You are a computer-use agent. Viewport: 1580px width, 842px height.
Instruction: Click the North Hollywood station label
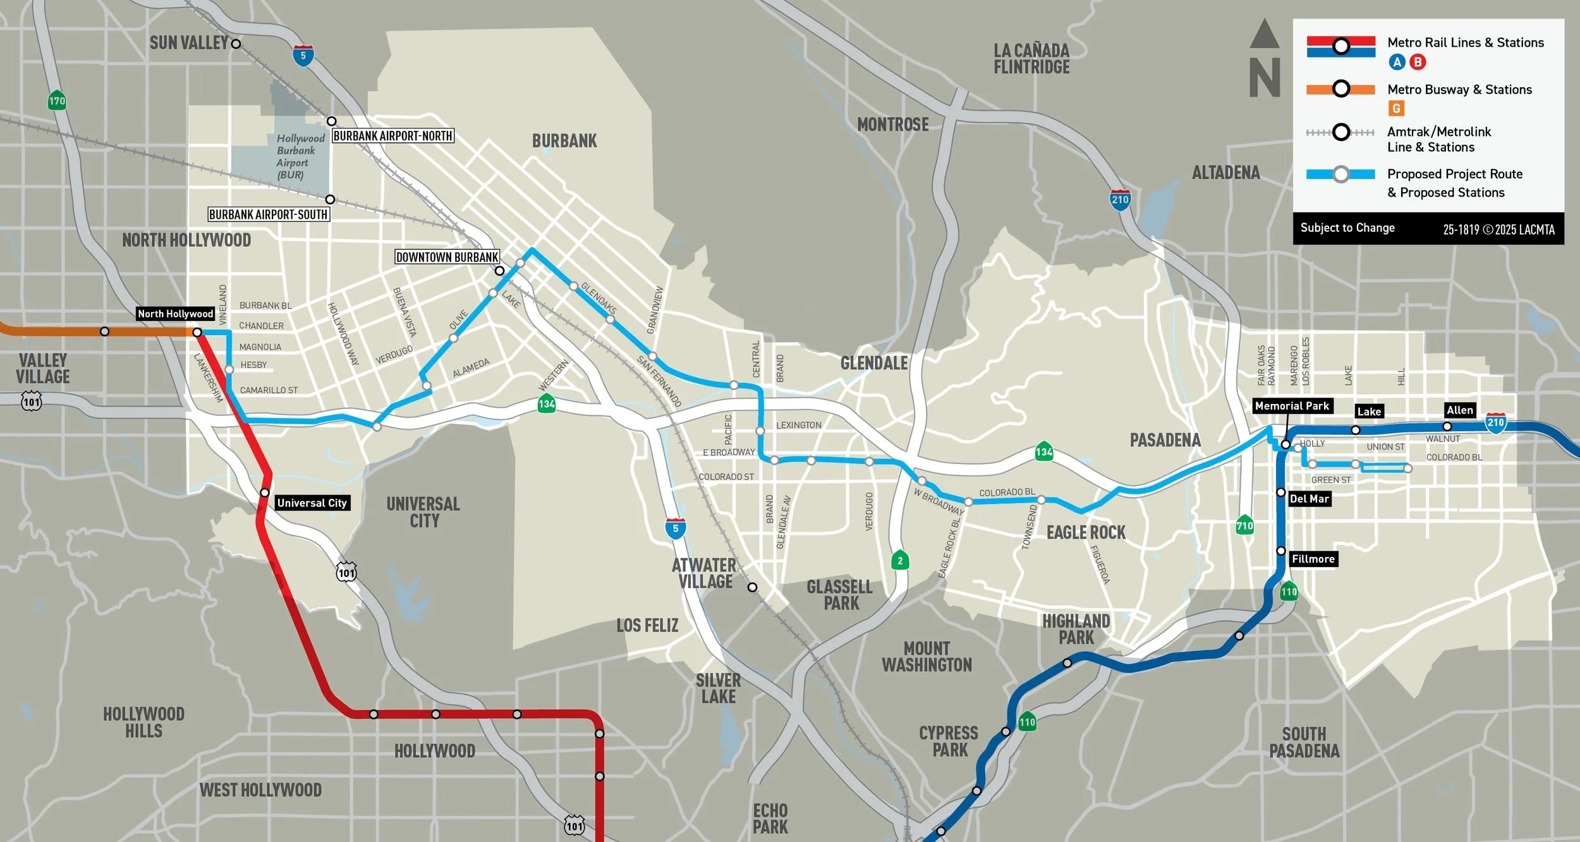(175, 314)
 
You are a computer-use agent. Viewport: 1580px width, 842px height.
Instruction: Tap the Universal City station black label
(312, 503)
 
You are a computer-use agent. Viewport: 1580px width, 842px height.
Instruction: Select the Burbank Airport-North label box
(392, 136)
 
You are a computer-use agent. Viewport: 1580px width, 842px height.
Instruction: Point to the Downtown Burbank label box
(447, 257)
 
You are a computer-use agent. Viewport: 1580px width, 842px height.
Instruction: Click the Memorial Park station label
(1292, 406)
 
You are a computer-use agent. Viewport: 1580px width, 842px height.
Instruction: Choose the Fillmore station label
(1313, 559)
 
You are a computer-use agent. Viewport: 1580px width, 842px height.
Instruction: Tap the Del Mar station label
(1309, 499)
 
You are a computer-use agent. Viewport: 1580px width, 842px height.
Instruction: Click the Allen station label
(1459, 410)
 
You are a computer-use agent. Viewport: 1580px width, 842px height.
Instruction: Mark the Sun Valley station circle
(236, 44)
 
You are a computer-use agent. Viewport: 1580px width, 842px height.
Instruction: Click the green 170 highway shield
(57, 101)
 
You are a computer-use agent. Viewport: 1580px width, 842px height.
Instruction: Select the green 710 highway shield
(1244, 525)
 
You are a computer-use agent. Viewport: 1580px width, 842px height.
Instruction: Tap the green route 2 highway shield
(900, 560)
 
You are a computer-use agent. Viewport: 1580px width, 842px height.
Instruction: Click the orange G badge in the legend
(1396, 109)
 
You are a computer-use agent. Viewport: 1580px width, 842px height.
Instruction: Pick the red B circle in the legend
(1418, 62)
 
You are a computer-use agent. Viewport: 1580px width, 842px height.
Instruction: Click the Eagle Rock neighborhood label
(1086, 533)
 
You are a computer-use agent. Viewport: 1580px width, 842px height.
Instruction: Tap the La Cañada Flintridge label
(1031, 59)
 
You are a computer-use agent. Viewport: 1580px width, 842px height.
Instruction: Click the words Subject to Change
(1347, 228)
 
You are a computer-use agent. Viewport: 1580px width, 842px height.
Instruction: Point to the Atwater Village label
(705, 573)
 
